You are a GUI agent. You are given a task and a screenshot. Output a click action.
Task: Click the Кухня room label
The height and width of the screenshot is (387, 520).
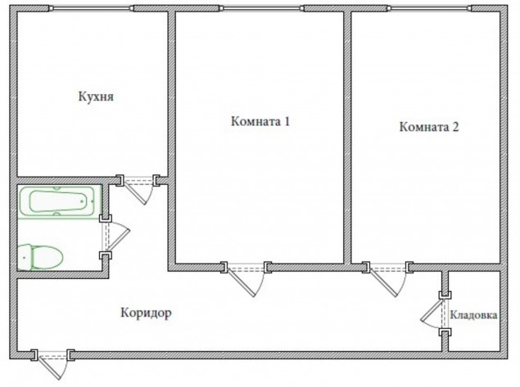coord(96,97)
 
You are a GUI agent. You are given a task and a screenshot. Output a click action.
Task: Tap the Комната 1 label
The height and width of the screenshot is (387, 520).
coord(260,122)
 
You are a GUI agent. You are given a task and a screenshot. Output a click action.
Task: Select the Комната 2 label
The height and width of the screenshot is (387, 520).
coord(429,127)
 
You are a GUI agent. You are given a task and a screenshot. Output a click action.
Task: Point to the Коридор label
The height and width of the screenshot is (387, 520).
coord(146,313)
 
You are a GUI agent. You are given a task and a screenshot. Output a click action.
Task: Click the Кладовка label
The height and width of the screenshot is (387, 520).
coord(473,315)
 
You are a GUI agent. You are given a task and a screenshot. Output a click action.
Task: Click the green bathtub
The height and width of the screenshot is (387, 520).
coord(59,201)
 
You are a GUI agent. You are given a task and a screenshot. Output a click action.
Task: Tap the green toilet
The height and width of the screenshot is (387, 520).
coord(40,257)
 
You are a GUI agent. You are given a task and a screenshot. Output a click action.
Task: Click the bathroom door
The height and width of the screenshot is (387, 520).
coord(118,236)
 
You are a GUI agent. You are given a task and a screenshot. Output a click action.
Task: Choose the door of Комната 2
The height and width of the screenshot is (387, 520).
coord(387,281)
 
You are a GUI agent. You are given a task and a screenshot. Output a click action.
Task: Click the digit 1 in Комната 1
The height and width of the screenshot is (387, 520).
coord(287,122)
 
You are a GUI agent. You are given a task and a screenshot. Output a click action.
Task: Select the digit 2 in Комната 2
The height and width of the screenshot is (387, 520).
coord(455,127)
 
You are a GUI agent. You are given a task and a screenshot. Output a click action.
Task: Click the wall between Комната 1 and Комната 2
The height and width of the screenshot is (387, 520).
coord(347,137)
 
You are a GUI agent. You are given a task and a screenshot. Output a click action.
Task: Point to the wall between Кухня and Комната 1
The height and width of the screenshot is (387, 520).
coord(171,94)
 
